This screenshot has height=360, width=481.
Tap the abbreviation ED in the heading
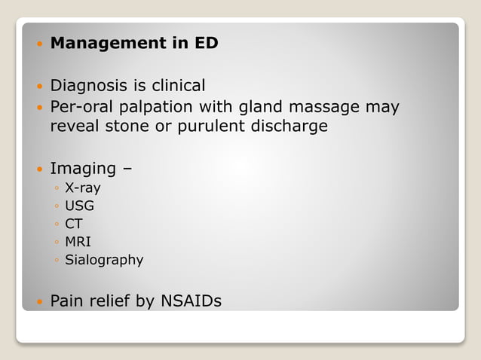pos(206,44)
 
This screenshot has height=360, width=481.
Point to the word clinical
pos(176,86)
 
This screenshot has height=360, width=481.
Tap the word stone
pos(121,126)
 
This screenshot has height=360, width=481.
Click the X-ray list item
pos(83,188)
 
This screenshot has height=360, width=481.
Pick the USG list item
pos(80,205)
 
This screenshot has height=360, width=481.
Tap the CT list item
pos(74,224)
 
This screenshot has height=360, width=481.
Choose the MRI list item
pos(78,242)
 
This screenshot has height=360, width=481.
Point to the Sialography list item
pos(104,260)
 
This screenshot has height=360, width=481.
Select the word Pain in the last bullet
pos(66,301)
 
